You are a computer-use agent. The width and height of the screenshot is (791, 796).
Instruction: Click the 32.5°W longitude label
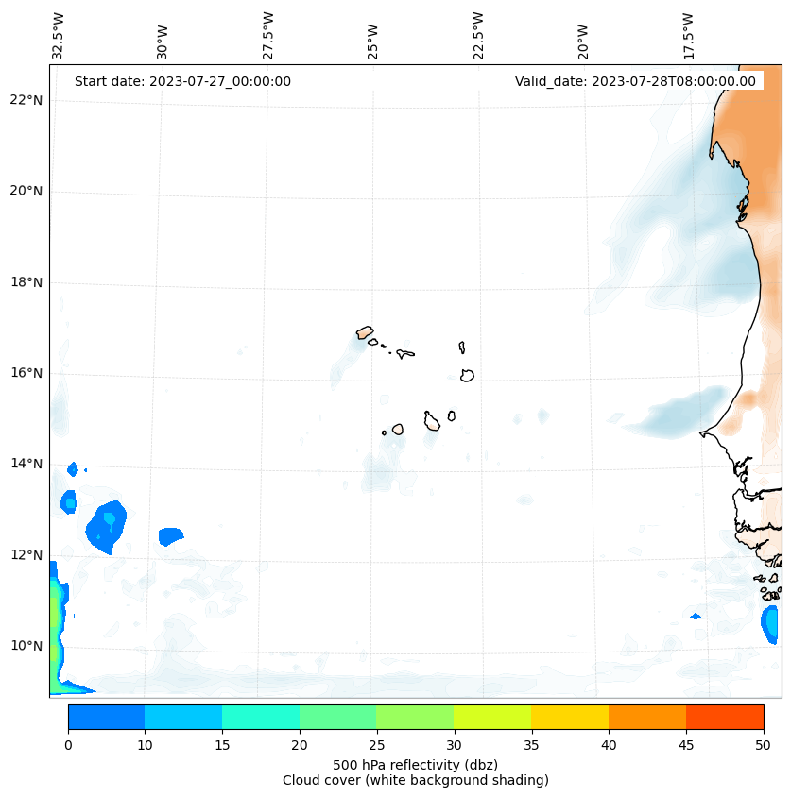tap(59, 36)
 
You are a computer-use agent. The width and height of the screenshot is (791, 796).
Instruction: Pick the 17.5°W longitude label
tap(689, 36)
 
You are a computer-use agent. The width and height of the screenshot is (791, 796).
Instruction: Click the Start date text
tap(182, 81)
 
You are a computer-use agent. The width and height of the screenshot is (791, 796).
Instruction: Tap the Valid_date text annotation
tap(635, 81)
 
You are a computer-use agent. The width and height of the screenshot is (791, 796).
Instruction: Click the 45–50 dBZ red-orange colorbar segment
tap(724, 717)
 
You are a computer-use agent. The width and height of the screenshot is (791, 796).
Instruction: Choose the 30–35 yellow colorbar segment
tap(492, 717)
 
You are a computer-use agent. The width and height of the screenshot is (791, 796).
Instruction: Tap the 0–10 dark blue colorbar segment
tap(106, 717)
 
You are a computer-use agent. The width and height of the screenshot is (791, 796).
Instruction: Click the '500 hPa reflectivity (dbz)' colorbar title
tap(415, 764)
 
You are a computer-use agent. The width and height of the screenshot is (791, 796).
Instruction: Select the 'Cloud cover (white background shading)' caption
tap(415, 780)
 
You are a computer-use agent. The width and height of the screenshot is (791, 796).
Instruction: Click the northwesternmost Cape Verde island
tap(365, 332)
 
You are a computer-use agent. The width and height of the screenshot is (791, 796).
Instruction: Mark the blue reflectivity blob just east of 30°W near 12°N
tap(170, 536)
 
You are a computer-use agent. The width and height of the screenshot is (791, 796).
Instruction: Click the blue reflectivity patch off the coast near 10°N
tap(770, 623)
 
